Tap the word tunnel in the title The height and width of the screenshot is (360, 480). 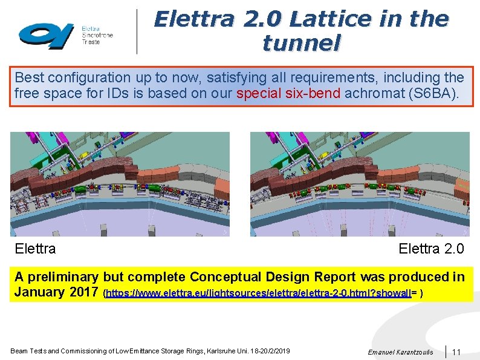click(301, 43)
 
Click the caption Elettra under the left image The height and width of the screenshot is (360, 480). click(35, 249)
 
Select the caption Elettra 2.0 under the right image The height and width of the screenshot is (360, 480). click(431, 249)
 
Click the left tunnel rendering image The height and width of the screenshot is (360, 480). click(120, 184)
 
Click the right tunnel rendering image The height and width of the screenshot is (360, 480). click(360, 184)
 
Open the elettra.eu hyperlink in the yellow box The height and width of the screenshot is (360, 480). click(262, 293)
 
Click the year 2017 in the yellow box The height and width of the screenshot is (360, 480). click(83, 292)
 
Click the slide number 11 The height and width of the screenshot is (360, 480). click(456, 352)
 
